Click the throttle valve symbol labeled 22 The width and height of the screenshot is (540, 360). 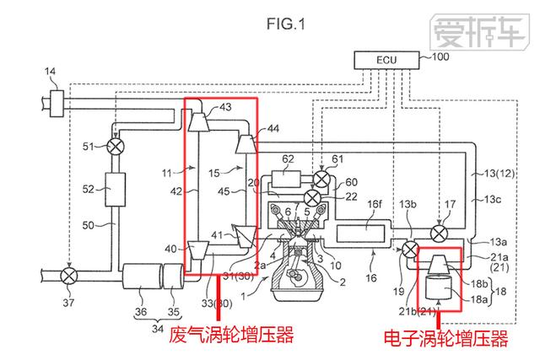pos(313,197)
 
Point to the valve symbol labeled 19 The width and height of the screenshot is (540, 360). pos(411,250)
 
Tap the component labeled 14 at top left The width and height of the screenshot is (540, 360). pos(58,106)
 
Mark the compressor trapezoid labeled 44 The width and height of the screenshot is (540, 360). pos(246,144)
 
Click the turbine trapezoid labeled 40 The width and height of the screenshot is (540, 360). pos(198,250)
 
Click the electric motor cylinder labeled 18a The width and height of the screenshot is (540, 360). pos(439,290)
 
